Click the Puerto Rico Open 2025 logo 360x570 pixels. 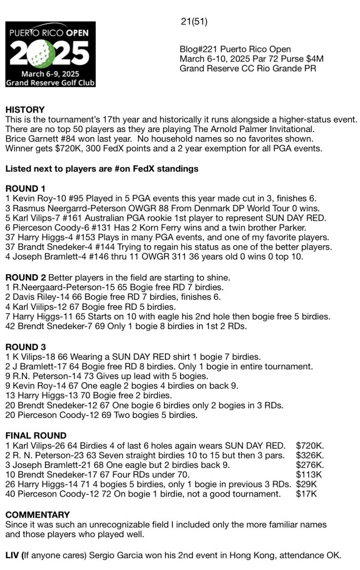coord(50,54)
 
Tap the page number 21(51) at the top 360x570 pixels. coord(194,22)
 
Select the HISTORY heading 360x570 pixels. coord(25,110)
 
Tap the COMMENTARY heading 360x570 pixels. coord(37,515)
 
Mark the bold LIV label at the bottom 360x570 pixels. coord(13,555)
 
